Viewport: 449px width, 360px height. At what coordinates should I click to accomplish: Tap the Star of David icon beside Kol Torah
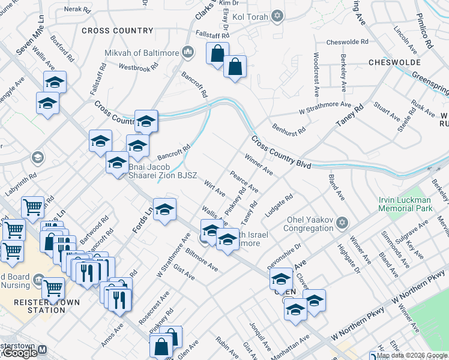[277, 16]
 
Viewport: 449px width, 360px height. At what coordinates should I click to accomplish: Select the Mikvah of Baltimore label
[142, 53]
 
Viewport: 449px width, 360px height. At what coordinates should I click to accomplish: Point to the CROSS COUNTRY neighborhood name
[118, 31]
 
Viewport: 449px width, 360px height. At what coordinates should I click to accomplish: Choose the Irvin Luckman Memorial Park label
[405, 204]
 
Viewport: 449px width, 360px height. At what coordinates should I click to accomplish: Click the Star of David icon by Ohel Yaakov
[342, 223]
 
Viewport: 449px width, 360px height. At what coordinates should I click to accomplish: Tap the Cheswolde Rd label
[347, 42]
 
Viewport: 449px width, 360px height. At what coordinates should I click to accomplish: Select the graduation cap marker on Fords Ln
[164, 210]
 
